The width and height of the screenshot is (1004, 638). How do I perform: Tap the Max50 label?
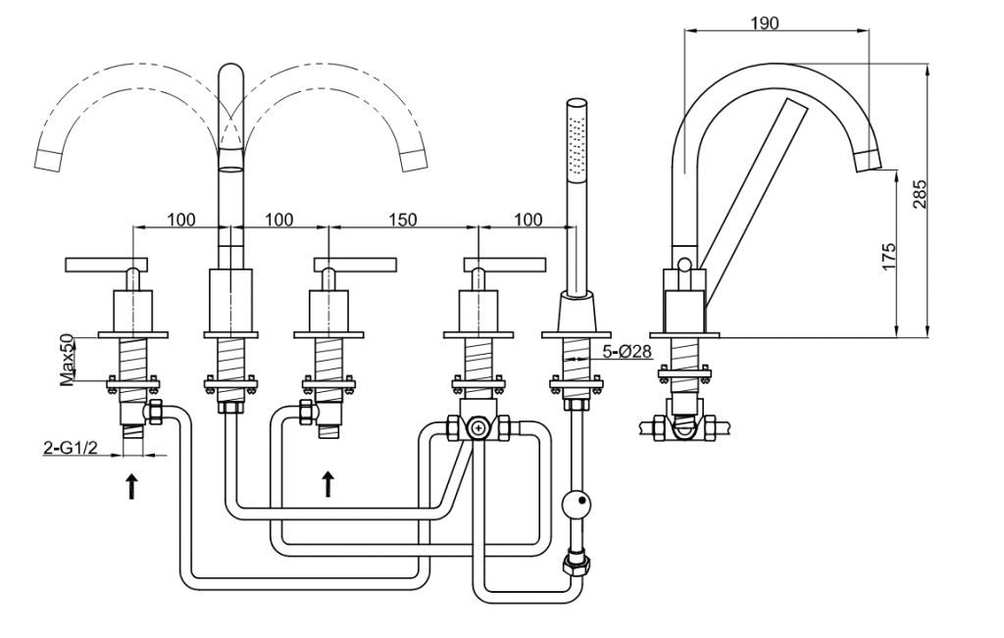click(68, 360)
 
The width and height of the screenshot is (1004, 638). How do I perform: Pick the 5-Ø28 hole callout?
click(627, 352)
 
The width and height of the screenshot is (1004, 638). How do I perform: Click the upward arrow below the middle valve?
click(327, 482)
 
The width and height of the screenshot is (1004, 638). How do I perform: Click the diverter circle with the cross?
click(477, 427)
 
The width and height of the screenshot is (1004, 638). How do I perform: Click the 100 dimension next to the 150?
click(527, 220)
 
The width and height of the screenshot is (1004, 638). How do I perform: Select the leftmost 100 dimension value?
click(180, 220)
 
